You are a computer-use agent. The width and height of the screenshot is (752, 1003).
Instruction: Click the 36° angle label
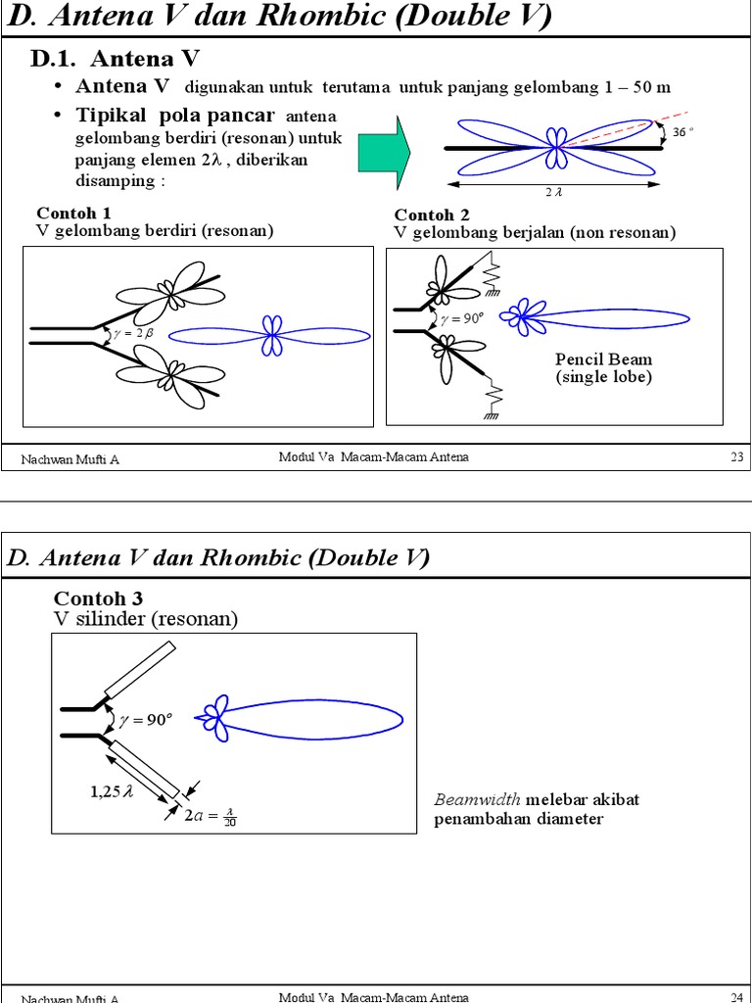[682, 132]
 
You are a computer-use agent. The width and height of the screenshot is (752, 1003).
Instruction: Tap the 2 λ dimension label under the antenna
[554, 193]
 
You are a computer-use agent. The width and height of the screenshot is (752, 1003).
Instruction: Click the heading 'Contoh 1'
[73, 214]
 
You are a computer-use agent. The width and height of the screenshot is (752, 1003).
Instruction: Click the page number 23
[737, 457]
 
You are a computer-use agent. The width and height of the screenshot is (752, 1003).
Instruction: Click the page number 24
[737, 997]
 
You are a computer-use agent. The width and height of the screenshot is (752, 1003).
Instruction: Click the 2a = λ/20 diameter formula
[211, 815]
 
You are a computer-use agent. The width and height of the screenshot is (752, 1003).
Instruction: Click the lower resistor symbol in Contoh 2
[493, 397]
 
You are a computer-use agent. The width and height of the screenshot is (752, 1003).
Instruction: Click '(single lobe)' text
[603, 377]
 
